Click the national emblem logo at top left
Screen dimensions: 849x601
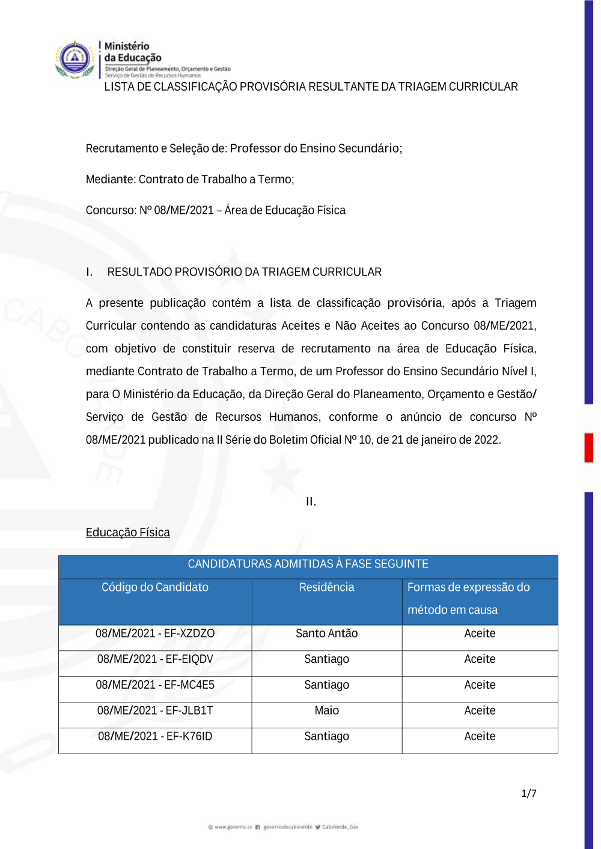point(75,59)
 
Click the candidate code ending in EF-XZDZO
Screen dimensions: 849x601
point(155,633)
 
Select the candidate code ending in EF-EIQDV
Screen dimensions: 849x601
point(155,659)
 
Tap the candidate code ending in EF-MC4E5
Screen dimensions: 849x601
point(155,685)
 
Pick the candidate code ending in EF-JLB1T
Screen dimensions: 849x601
point(155,711)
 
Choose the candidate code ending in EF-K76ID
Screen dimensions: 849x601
point(155,737)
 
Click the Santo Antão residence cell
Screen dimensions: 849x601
point(326,633)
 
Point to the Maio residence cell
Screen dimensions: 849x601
point(326,711)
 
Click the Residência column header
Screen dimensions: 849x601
point(326,587)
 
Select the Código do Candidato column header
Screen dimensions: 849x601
point(155,587)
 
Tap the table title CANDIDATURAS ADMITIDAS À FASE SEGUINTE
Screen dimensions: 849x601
point(308,564)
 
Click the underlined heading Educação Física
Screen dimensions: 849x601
point(127,533)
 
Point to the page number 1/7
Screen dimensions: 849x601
point(529,794)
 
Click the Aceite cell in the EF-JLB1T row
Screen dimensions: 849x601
point(480,711)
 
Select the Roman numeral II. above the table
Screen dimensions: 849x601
point(311,502)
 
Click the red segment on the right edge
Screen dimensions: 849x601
point(589,448)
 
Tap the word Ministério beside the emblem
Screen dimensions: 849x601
point(127,46)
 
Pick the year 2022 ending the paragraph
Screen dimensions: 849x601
point(486,440)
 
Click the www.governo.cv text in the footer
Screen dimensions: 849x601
point(233,827)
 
